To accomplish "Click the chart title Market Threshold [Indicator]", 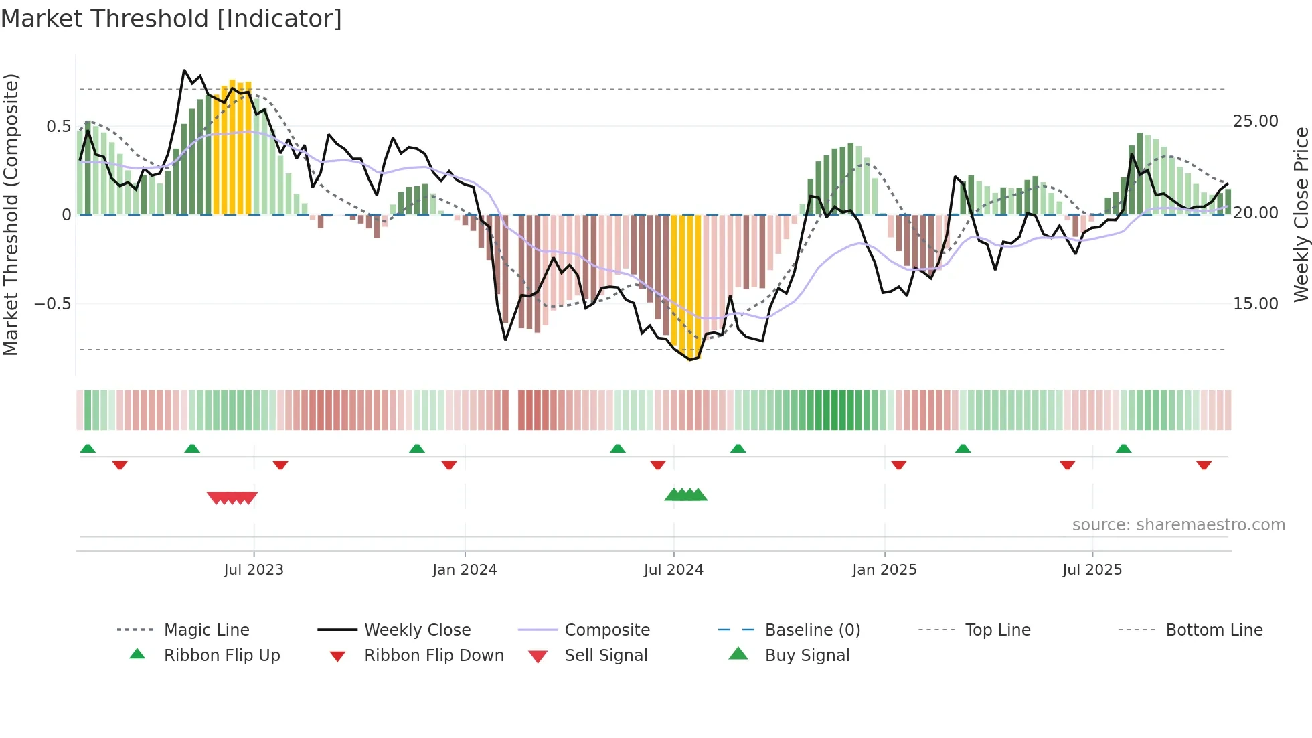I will click(171, 19).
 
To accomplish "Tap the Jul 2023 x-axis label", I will click(254, 570).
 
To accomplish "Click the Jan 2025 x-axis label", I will click(884, 570).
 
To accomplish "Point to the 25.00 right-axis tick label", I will click(1255, 121).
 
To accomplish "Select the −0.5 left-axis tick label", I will click(52, 304).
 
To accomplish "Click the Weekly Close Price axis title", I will click(1301, 214).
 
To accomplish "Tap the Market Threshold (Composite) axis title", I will click(11, 214).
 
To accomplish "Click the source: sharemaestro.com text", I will click(1178, 525).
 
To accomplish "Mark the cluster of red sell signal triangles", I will click(232, 498).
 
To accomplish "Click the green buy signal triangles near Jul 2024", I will click(685, 495).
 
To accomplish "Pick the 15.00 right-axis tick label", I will click(1255, 304).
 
